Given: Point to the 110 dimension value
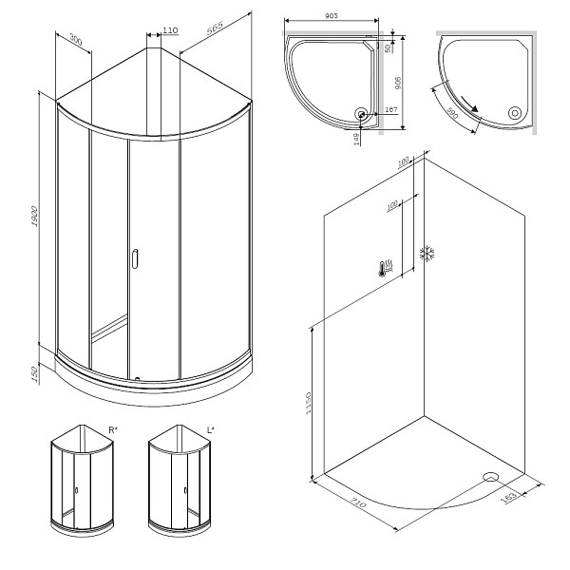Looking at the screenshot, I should click(x=170, y=30).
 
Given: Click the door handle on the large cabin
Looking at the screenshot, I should click(x=134, y=257).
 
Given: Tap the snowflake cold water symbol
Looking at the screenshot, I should click(x=427, y=254).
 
